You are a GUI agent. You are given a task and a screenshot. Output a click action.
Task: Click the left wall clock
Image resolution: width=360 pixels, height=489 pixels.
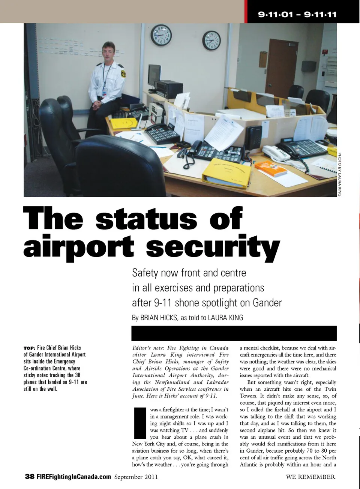[161, 36]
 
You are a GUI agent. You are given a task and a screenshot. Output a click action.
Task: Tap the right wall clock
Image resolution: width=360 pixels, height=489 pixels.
[212, 40]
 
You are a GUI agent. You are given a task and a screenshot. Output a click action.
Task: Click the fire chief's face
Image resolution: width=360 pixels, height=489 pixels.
[109, 52]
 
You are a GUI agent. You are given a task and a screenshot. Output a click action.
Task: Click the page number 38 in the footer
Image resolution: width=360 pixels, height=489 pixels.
[30, 477]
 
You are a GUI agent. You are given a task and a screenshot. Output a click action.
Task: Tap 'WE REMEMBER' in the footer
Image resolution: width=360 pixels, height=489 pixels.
[310, 477]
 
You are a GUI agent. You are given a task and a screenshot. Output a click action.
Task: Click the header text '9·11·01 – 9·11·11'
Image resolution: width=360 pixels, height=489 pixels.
[297, 15]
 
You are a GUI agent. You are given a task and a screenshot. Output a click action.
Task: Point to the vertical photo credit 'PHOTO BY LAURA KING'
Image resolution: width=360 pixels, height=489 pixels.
[340, 174]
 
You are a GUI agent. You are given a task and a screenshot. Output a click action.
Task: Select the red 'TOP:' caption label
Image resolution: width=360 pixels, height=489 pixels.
[29, 348]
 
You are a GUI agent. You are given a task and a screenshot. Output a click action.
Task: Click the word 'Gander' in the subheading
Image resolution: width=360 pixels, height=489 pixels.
[267, 303]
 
